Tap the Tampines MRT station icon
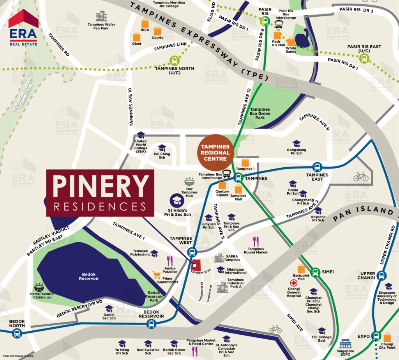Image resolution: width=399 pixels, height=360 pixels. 238,178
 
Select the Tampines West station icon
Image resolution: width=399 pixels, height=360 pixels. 191,252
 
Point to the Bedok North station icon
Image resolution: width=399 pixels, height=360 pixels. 17,333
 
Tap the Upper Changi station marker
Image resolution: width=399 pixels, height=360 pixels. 382,275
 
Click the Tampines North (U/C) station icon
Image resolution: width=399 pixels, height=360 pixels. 174,60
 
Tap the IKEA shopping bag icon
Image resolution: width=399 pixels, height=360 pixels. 145,23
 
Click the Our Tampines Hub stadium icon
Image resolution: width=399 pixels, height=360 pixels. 189,182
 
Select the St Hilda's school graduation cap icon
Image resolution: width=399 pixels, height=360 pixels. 177,201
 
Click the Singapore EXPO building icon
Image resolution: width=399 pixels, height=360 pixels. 345,344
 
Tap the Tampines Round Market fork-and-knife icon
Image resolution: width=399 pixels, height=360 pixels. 256,241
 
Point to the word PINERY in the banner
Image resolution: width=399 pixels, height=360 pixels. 101,186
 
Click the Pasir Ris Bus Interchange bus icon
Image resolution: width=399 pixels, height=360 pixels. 279,25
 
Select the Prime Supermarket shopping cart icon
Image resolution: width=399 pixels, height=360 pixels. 157,275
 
